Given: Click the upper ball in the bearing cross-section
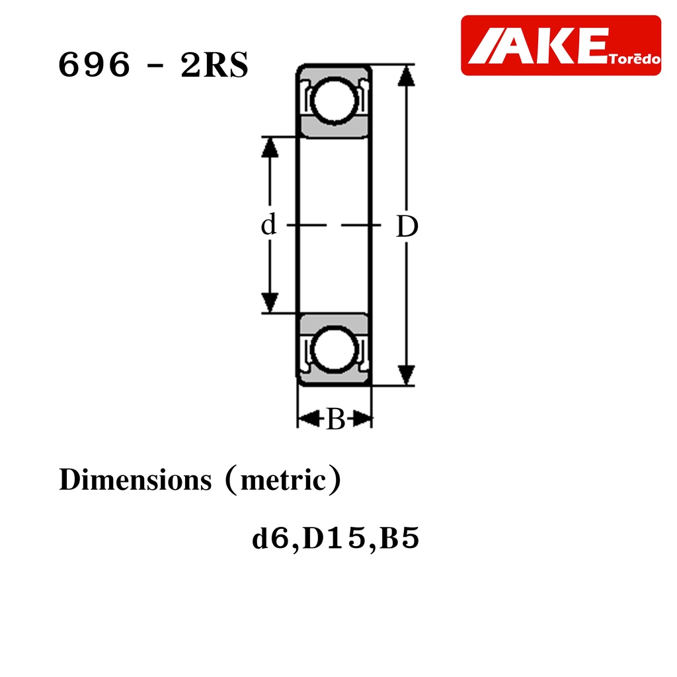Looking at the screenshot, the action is click(334, 100).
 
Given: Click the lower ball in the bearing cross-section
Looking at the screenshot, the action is click(334, 349).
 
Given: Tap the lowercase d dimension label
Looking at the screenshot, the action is click(268, 224).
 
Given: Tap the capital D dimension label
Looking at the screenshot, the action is click(407, 226).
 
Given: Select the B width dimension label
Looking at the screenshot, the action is click(336, 418).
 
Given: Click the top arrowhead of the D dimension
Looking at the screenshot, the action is click(406, 75).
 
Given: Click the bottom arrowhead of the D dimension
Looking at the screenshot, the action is click(406, 375).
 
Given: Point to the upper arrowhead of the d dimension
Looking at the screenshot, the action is click(270, 147).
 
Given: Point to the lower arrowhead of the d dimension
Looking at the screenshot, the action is click(270, 303).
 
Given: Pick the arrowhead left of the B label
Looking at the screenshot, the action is click(308, 418).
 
